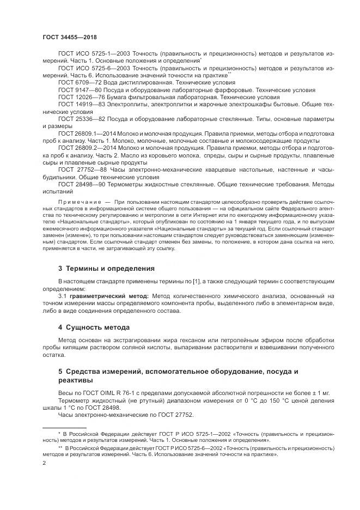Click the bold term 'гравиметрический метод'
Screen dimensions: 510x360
click(x=103, y=295)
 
